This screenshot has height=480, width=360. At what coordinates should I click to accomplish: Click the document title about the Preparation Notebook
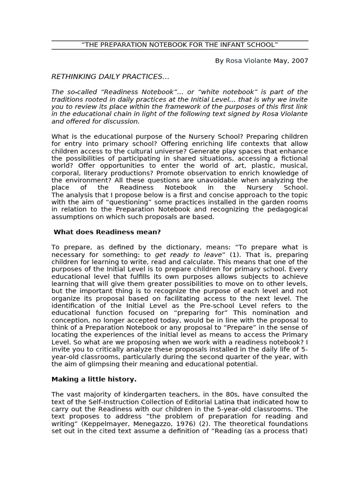(x=180, y=45)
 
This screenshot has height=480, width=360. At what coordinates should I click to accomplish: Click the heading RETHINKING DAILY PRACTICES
(x=110, y=76)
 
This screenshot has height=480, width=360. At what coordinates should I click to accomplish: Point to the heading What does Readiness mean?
(x=107, y=232)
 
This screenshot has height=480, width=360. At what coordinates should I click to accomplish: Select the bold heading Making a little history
(x=94, y=379)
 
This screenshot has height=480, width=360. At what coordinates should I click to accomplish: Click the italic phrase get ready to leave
(x=185, y=255)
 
